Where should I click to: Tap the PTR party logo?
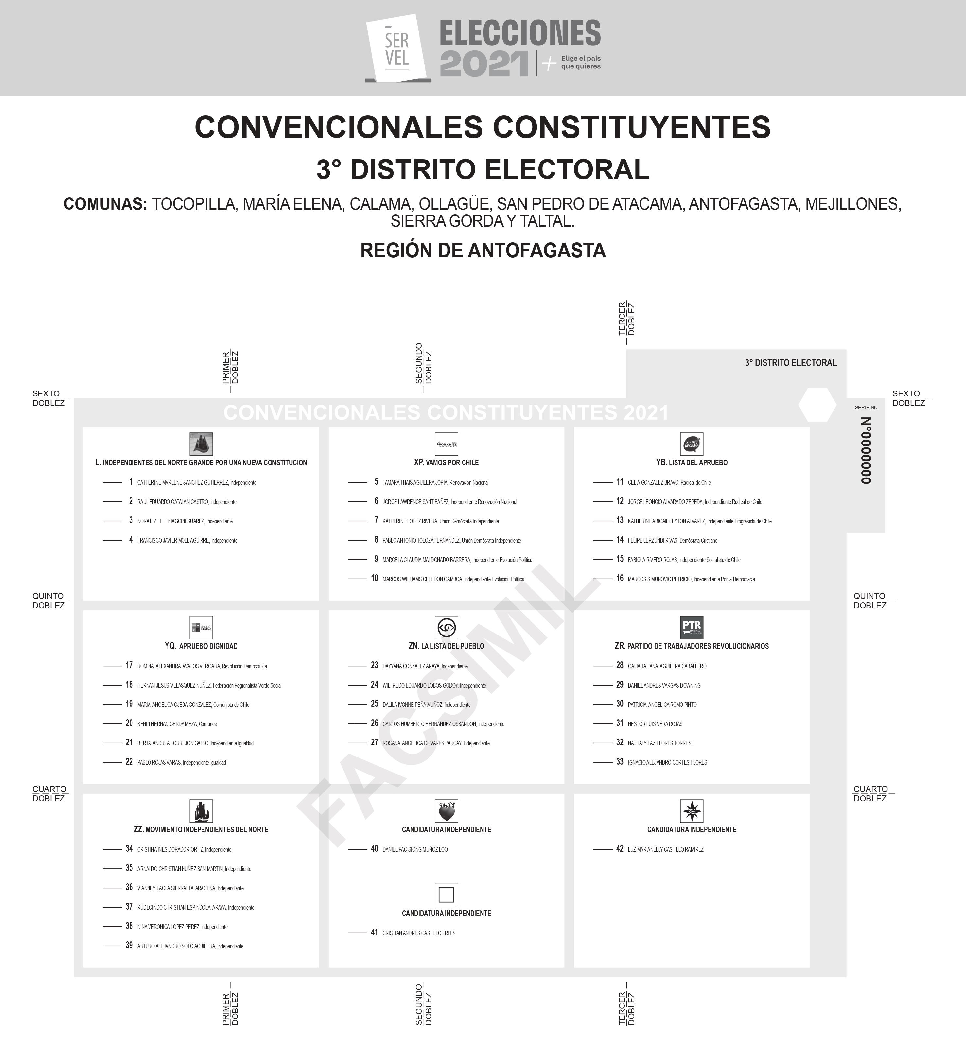tap(692, 627)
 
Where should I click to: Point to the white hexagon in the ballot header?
tap(817, 405)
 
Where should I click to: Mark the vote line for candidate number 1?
tap(112, 482)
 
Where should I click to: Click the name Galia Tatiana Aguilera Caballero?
tap(667, 666)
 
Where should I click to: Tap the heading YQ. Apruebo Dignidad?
tap(201, 646)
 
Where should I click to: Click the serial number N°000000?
tap(866, 450)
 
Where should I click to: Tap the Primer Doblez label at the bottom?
tap(230, 1009)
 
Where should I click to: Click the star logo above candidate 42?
tap(692, 811)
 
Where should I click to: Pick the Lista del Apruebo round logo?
tap(692, 444)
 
